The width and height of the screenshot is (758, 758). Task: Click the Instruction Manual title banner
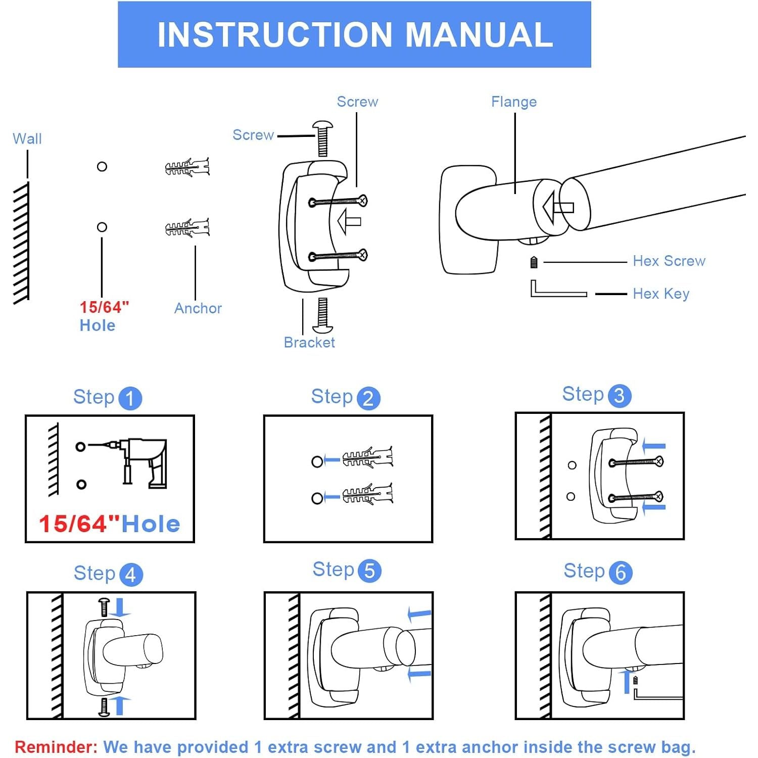[354, 34]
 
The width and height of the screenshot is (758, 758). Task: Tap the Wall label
[27, 138]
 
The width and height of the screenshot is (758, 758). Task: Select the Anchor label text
[198, 308]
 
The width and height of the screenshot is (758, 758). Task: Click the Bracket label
[309, 343]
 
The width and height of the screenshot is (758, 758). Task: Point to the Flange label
[514, 102]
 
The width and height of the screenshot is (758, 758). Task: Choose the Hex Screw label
[669, 261]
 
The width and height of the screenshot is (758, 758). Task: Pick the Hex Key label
[661, 294]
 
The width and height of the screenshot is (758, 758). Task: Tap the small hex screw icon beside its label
[534, 262]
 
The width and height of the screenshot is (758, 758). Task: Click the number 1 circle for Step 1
[130, 398]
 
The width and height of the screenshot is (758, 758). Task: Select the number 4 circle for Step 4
[131, 575]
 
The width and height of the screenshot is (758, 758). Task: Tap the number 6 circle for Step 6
[621, 573]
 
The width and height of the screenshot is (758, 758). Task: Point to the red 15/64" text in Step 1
[79, 525]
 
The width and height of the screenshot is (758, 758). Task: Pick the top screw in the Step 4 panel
[104, 606]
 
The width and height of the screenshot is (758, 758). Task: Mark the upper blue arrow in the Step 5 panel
[419, 614]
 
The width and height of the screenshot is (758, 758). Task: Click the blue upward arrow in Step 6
[627, 681]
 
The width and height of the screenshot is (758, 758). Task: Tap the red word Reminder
[56, 747]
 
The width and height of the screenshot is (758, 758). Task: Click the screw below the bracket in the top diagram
[322, 314]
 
